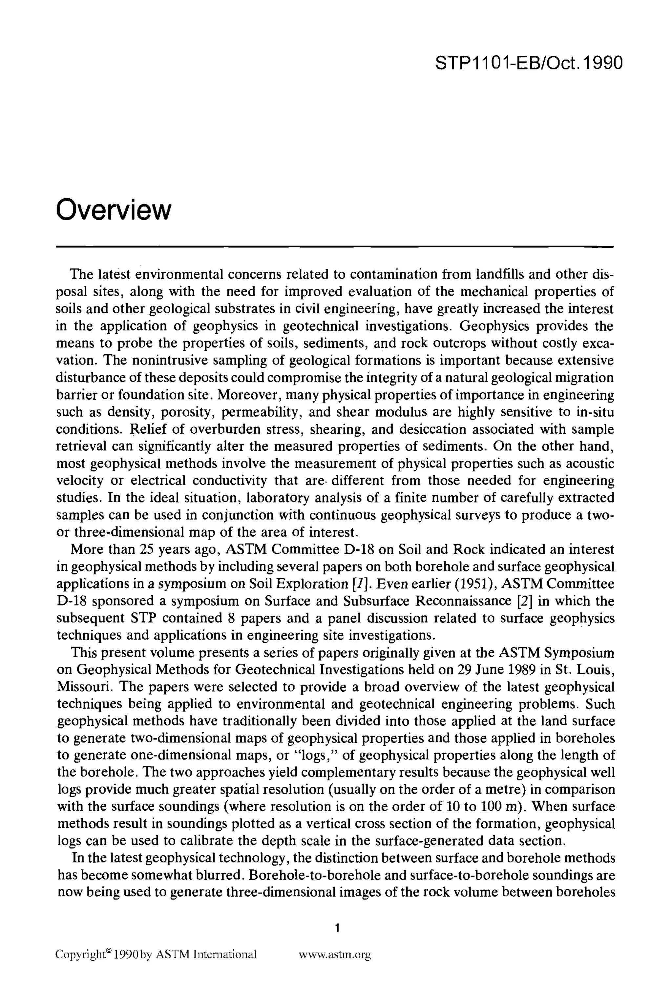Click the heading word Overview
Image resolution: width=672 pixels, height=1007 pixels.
(114, 210)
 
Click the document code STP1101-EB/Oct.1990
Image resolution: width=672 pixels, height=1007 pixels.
(528, 63)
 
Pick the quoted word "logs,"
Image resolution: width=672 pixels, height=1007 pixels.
(314, 755)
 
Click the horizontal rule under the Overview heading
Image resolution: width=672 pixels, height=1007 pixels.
(335, 247)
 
